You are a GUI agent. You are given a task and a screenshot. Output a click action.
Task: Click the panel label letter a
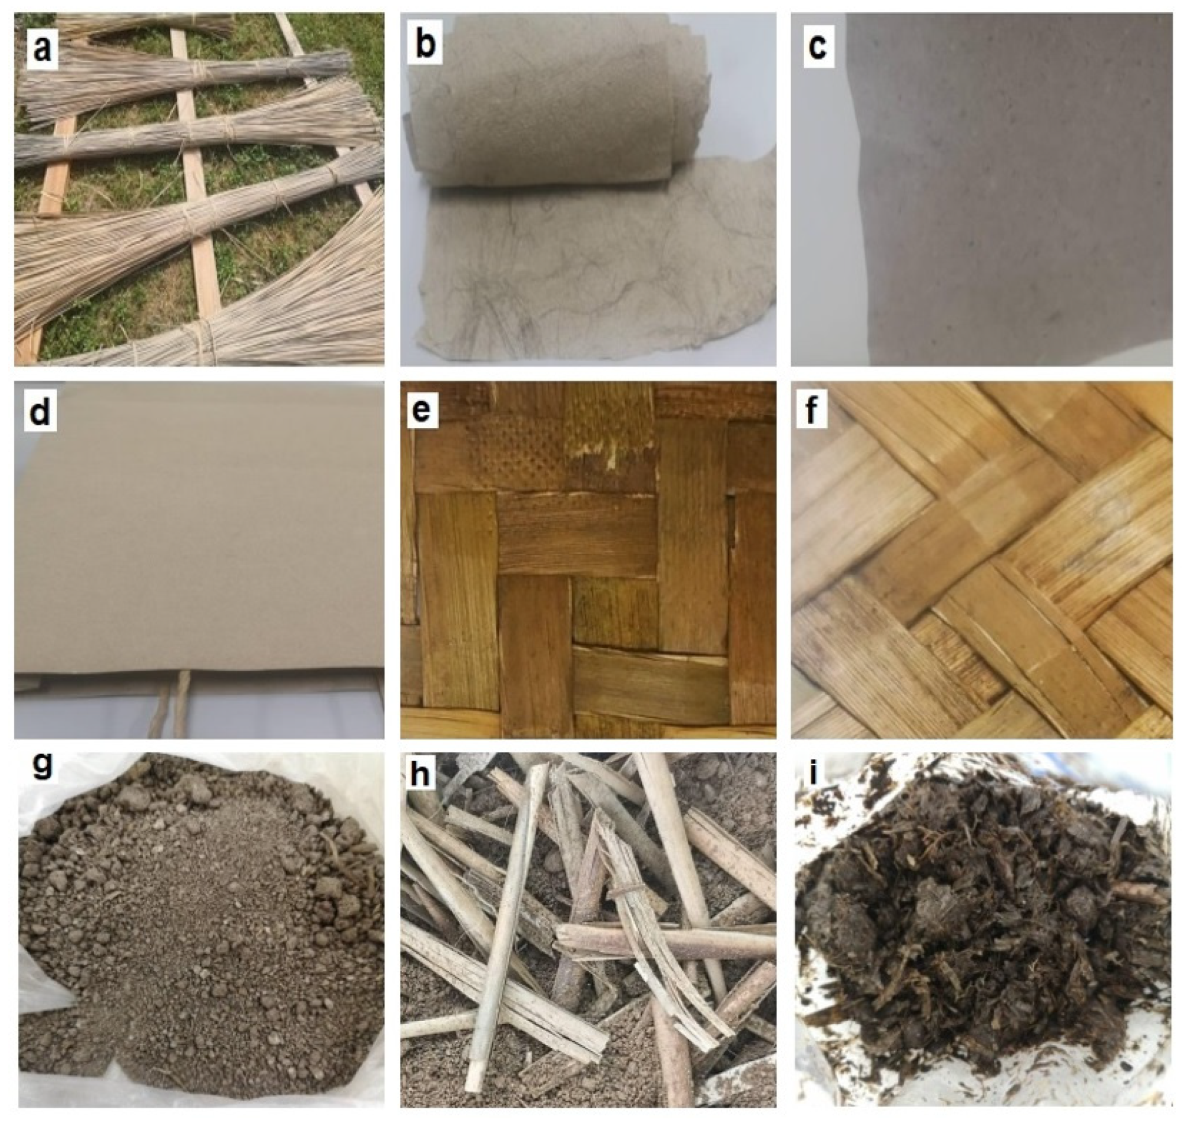coord(42,49)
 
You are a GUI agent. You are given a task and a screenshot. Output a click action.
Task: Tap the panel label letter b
coord(425,43)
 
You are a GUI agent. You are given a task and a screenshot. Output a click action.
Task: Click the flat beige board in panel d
coord(198,528)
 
